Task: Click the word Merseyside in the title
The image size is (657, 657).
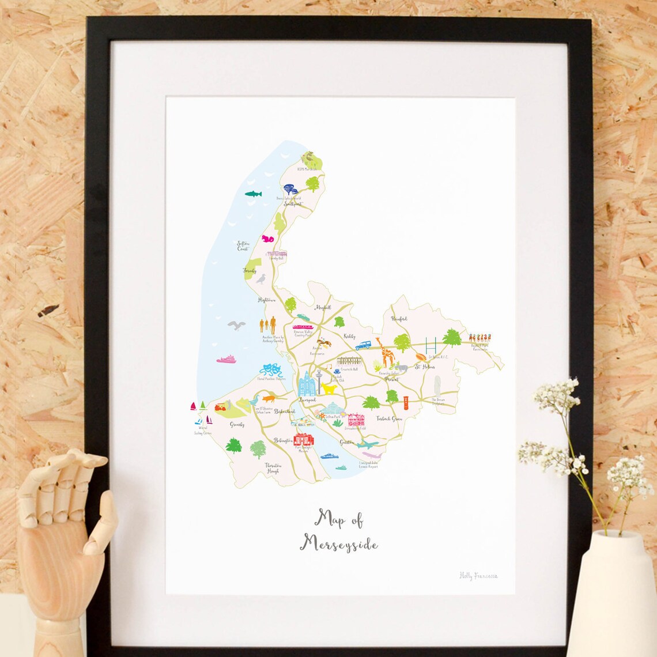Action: pos(338,543)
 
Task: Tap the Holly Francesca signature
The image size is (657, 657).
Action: pos(478,576)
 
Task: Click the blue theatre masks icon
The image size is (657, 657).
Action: pos(267,369)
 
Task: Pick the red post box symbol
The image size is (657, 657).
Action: pos(407,403)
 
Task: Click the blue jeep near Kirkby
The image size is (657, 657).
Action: pos(363,346)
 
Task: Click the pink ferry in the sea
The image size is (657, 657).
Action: pos(226,360)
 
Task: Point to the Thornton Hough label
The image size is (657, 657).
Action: pos(273,467)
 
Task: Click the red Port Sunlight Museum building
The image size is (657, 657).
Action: pos(303,439)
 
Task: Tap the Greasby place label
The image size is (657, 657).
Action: pos(237,425)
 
